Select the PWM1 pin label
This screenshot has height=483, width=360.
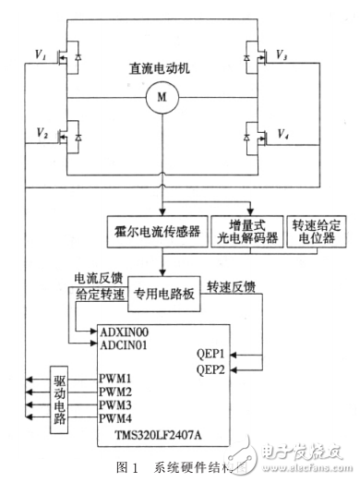(x=115, y=379)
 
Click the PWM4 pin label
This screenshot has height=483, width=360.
(x=115, y=418)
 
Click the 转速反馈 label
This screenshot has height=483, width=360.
(x=232, y=285)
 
